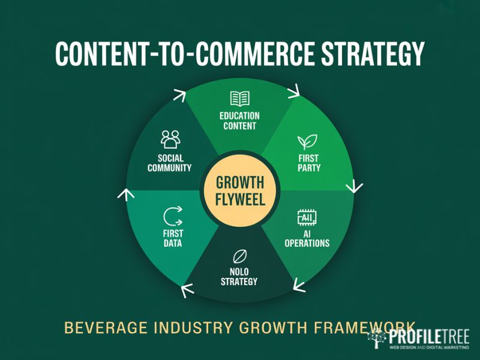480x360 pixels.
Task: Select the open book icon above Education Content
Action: point(239,99)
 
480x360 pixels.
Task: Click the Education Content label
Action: point(239,121)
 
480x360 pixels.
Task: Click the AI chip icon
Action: point(307,217)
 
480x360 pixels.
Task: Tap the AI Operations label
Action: point(307,238)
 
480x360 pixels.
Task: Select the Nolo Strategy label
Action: point(239,277)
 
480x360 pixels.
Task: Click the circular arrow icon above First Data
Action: point(172,215)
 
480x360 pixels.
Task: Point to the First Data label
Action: point(172,238)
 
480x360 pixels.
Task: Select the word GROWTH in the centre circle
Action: point(239,182)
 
